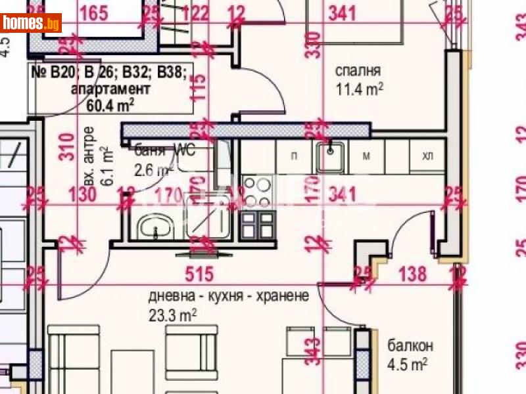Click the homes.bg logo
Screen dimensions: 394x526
pos(31,24)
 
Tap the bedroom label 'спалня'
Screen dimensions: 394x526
pos(358,71)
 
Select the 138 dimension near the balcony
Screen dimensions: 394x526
pos(414,274)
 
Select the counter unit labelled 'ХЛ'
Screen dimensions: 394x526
pos(428,156)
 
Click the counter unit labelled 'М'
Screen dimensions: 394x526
pos(367,156)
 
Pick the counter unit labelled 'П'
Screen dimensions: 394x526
pos(295,156)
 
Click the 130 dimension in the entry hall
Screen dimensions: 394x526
pos(83,195)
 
